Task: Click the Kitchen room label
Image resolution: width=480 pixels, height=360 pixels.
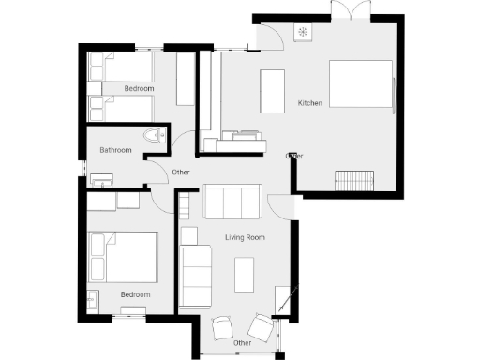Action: (310, 102)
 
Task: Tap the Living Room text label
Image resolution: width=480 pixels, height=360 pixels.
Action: (245, 238)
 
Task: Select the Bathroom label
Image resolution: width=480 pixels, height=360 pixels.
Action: (116, 150)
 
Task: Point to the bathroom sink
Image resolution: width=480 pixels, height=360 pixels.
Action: (100, 177)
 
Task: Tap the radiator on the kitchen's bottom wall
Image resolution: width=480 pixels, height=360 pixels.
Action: (355, 180)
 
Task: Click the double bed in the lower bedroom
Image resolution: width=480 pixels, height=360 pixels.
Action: (123, 256)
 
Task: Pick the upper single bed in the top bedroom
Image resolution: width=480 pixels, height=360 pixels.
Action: (120, 67)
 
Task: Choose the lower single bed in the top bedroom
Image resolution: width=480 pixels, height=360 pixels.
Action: (120, 107)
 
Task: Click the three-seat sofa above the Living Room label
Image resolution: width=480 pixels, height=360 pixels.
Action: (232, 202)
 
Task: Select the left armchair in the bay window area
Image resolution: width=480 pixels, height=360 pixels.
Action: (224, 328)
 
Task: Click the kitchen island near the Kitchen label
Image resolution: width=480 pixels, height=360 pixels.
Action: (272, 91)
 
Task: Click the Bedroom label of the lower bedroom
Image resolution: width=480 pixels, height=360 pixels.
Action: (135, 294)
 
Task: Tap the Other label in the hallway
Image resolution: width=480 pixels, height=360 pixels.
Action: (181, 172)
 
